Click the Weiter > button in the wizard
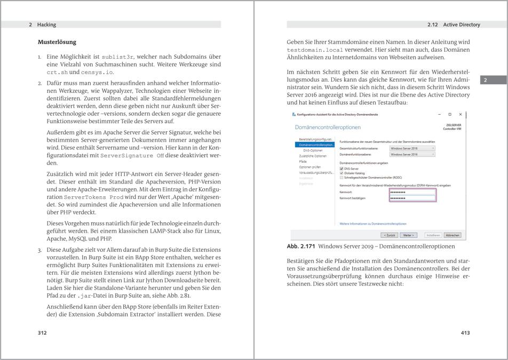409,235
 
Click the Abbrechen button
452,235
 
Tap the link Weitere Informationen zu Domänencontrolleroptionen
373,223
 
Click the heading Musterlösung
57,42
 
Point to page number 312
42,333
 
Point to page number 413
465,333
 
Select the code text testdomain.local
311,50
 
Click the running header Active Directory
462,25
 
